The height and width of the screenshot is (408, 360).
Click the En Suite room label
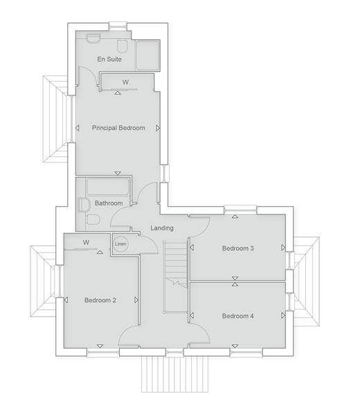click(x=109, y=59)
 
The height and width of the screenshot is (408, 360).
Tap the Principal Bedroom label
click(x=118, y=128)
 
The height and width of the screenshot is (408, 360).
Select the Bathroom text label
click(x=109, y=203)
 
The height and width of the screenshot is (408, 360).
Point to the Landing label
click(x=162, y=228)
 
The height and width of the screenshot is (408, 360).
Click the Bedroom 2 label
click(x=100, y=300)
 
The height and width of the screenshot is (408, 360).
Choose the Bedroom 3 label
click(x=238, y=248)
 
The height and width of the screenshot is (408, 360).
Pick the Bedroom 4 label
click(x=238, y=316)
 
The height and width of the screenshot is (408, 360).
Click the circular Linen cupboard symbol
click(x=120, y=244)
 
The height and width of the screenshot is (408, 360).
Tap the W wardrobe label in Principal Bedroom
click(x=125, y=82)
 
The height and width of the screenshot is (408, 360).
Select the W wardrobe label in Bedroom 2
click(x=87, y=243)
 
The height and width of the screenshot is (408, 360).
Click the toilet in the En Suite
click(x=122, y=46)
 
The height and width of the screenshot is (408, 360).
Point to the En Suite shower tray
click(x=147, y=55)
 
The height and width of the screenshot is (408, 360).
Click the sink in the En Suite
click(x=93, y=38)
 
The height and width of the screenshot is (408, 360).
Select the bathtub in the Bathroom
click(x=107, y=186)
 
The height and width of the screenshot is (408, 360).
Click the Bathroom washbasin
click(x=83, y=205)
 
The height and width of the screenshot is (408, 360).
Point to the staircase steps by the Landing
click(x=176, y=263)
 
